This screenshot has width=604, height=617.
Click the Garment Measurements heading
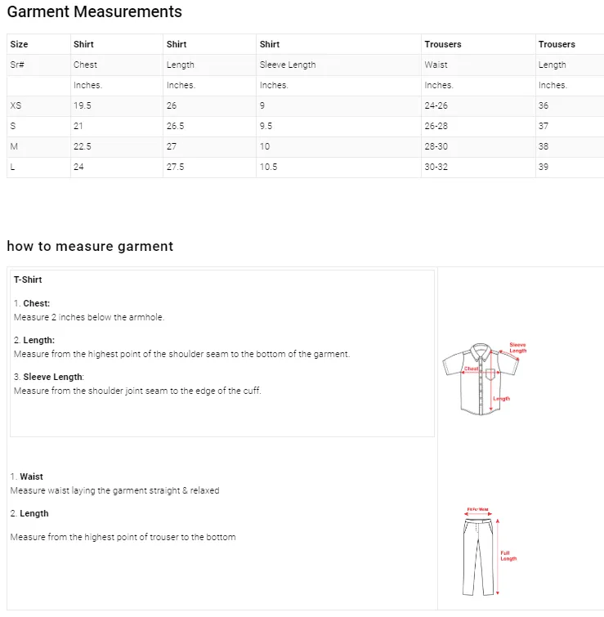tap(94, 12)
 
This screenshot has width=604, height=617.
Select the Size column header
tap(19, 44)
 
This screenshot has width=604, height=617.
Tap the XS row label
tap(16, 106)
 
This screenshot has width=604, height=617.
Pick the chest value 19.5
tap(82, 106)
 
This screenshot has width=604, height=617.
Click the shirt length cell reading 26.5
tap(175, 127)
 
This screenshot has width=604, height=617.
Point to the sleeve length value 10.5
tap(268, 168)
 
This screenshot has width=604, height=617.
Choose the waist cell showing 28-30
tap(436, 147)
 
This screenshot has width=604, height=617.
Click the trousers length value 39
tap(544, 168)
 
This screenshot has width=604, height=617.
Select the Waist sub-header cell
tap(436, 65)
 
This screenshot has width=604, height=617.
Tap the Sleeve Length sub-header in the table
tap(287, 65)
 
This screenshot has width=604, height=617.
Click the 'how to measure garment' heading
tap(90, 246)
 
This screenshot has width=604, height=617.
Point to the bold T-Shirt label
tap(28, 279)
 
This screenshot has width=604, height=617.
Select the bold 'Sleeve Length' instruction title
tap(53, 377)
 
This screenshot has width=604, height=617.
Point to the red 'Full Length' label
tap(508, 556)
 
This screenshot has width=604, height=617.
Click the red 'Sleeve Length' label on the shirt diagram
tap(518, 347)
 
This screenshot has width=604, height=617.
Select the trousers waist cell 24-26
tap(436, 106)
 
